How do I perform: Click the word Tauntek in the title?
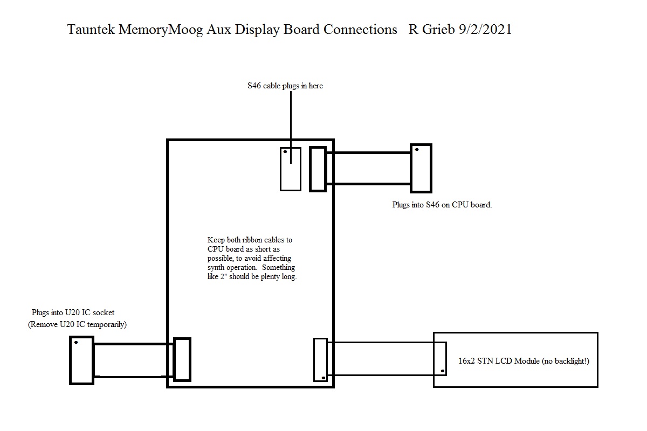tap(91, 30)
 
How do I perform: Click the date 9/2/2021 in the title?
tap(485, 30)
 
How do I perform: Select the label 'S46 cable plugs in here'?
tap(285, 86)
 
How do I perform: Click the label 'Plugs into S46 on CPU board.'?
tap(442, 205)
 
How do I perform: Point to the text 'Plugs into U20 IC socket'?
tap(73, 312)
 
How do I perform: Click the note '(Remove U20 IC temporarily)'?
tap(78, 324)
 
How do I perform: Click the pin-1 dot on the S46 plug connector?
tap(417, 150)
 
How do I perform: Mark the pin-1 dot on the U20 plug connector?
tap(76, 342)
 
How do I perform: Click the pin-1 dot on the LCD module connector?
tap(443, 371)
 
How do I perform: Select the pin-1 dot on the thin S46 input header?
tap(285, 151)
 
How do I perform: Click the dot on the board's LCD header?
tap(323, 378)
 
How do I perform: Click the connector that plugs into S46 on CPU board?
tap(421, 168)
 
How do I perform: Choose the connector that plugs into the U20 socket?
tap(82, 360)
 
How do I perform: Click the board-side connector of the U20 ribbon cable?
tap(182, 359)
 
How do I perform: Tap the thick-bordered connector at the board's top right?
tap(318, 169)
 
